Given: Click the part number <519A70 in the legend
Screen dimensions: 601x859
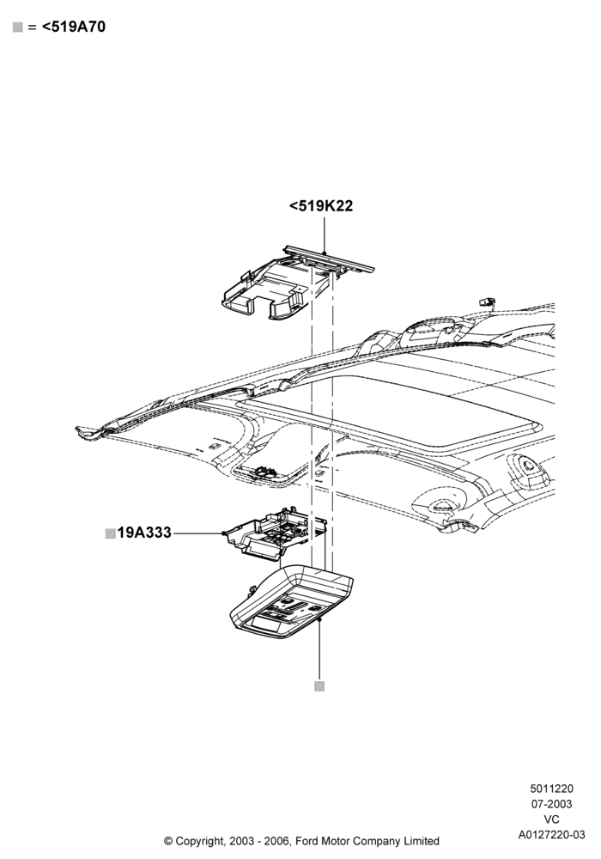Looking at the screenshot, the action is [74, 27].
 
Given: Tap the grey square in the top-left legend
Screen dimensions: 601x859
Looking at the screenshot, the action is [17, 27].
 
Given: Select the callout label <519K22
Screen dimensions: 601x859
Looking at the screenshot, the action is [321, 206].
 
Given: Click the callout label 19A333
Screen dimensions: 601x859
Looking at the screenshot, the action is [144, 533].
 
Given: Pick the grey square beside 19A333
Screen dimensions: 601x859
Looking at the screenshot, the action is [110, 533].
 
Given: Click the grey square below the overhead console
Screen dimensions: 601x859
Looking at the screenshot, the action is [319, 685].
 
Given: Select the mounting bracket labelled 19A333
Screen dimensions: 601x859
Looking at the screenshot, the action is [276, 535].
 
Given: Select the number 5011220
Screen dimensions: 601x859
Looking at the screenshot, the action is [551, 789].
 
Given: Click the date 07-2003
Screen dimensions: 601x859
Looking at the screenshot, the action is [551, 804].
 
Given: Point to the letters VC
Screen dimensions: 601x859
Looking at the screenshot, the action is [552, 819].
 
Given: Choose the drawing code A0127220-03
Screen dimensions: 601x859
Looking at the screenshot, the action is [552, 835].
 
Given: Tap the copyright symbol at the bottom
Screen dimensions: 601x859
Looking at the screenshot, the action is [168, 841].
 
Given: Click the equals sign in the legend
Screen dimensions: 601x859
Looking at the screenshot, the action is [33, 27].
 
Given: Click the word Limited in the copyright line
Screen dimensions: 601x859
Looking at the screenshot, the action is [421, 840].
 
